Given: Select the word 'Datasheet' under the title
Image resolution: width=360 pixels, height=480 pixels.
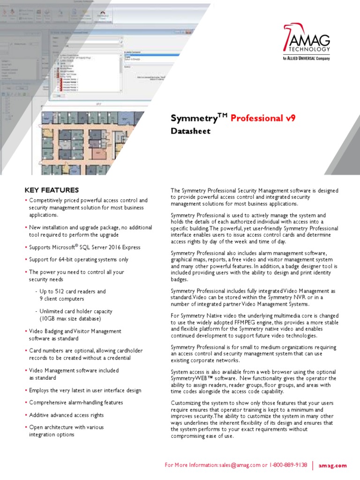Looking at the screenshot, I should pos(190,131).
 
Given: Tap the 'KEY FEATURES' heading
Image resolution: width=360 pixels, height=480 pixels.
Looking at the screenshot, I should pos(52,190).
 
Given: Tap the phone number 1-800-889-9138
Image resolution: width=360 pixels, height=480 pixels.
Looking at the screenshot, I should pos(288,465).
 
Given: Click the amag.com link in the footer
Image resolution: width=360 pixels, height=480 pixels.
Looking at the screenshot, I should pos(333,465).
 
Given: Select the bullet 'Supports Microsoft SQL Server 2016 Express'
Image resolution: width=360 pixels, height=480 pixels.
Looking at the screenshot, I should pos(84,247).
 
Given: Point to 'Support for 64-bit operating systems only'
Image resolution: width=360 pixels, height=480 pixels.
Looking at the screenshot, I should pos(78,259).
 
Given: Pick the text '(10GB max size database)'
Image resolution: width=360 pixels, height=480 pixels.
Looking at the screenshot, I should pos(70,319).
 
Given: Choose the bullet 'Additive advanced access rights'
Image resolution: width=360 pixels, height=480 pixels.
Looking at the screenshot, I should pos(66,415).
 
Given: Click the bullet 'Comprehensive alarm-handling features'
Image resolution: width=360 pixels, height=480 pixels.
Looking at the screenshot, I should pos(76,403).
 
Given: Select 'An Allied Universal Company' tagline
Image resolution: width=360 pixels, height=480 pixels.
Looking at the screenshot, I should pos(306,58).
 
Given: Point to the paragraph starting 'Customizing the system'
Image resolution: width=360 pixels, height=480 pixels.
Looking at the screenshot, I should pos(252,419).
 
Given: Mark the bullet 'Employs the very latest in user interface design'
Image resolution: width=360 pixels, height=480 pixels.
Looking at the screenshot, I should pos(85,390).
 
